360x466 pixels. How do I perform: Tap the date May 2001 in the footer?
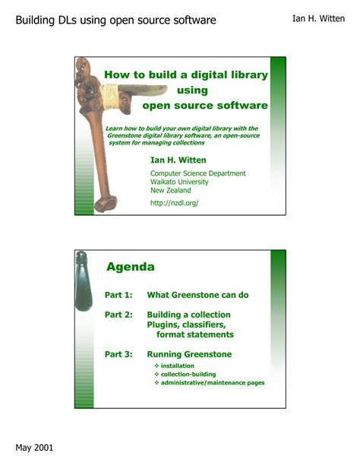(34, 447)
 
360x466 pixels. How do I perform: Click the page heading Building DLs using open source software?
(115, 19)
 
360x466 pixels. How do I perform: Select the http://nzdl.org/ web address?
(174, 203)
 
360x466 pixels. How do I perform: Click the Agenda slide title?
(130, 267)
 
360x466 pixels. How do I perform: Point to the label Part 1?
(118, 294)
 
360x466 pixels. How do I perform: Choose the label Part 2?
(118, 314)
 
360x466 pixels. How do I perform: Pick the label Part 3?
(118, 354)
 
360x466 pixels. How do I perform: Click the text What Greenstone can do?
(197, 294)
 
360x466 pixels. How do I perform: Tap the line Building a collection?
(188, 314)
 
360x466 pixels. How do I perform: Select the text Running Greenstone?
(189, 354)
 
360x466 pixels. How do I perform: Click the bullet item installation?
(177, 366)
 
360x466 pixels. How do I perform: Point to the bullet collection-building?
(188, 374)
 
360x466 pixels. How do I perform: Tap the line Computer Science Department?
(197, 173)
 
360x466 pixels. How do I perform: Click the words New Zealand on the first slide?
(170, 190)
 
